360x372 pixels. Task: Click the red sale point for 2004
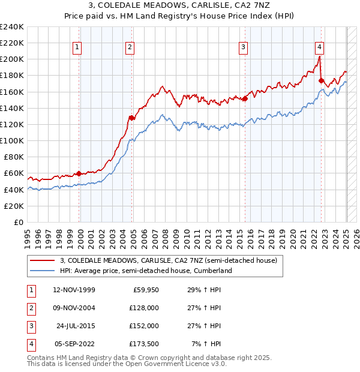coord(131,118)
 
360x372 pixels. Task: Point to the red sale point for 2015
coord(245,98)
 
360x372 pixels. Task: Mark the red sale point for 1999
coord(79,173)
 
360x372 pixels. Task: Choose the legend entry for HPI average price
coord(145,271)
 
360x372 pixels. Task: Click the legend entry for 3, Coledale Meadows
coord(169,260)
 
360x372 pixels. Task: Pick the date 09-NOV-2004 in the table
coord(74,308)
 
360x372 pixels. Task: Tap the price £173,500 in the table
coord(143,344)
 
